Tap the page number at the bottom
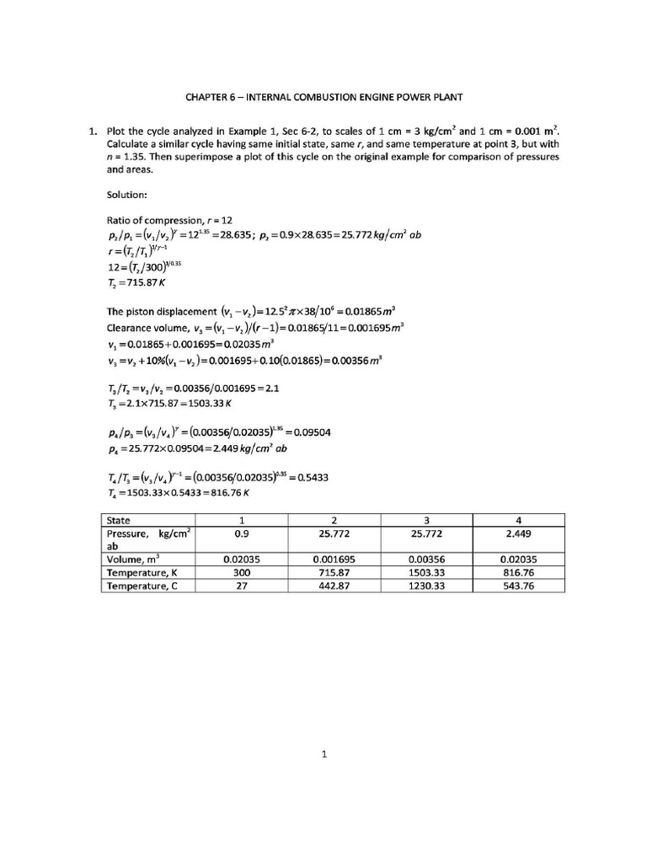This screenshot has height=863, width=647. pyautogui.click(x=323, y=754)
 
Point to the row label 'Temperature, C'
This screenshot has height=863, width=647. pyautogui.click(x=141, y=585)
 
